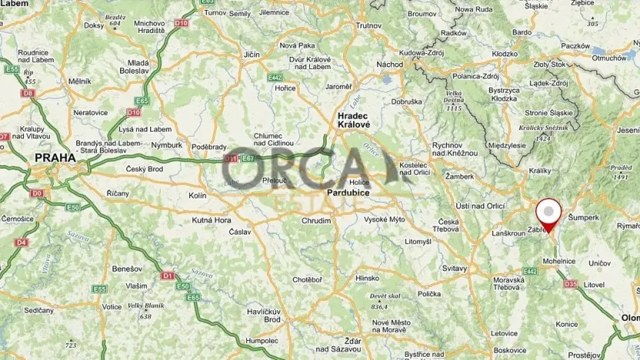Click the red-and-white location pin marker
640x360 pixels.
(548, 212)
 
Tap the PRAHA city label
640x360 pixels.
(55, 158)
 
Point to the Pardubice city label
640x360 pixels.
(348, 192)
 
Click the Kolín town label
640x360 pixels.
(197, 196)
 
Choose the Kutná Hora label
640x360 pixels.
(212, 220)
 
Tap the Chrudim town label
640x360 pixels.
(316, 221)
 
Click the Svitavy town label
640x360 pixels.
(455, 268)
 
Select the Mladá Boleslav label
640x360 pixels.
(138, 66)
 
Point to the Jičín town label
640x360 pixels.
(252, 55)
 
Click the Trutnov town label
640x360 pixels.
(369, 25)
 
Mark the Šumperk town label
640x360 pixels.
(585, 218)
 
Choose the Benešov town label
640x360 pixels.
(102, 269)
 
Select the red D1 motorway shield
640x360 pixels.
(167, 275)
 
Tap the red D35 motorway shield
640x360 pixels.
(570, 284)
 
